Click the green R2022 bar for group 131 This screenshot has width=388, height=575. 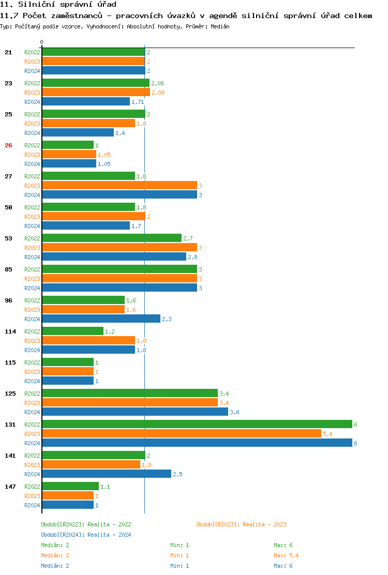tap(197, 424)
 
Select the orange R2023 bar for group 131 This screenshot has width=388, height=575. tap(181, 433)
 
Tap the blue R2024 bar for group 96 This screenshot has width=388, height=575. tap(101, 319)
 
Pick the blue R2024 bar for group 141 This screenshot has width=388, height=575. tap(106, 474)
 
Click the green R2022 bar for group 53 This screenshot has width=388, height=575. tap(111, 238)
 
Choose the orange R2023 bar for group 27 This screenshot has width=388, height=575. tap(119, 185)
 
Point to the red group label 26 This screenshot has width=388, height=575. tap(8, 145)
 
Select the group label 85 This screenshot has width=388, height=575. tap(8, 269)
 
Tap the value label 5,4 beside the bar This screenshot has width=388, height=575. tap(327, 434)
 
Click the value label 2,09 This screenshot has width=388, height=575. tap(158, 93)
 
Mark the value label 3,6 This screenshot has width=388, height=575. tap(234, 412)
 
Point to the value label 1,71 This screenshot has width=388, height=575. tap(137, 102)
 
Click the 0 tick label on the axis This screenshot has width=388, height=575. tap(42, 42)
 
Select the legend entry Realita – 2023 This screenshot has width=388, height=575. tap(241, 524)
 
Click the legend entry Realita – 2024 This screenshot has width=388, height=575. tap(86, 535)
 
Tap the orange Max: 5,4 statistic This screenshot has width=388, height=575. tap(286, 555)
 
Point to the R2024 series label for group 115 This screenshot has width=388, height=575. tap(32, 381)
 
